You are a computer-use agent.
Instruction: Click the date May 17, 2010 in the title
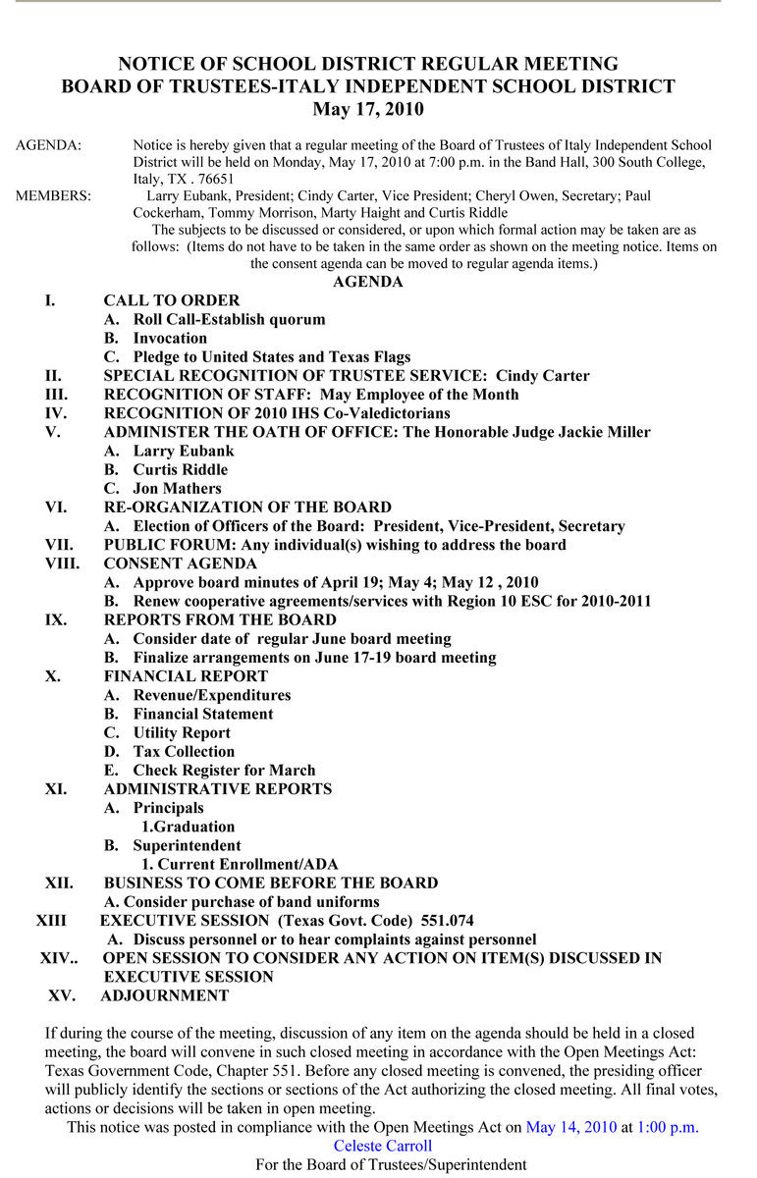click(368, 109)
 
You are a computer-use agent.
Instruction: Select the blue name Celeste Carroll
click(383, 1146)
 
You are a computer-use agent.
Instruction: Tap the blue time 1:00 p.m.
click(668, 1127)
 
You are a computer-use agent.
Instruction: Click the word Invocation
click(170, 338)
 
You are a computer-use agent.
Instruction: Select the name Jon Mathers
click(178, 489)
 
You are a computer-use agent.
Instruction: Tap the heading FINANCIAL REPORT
click(186, 676)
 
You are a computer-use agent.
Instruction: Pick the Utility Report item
click(182, 733)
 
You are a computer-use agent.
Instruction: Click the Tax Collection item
click(184, 752)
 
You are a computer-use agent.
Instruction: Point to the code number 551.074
click(447, 921)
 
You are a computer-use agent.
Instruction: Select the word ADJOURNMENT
click(164, 996)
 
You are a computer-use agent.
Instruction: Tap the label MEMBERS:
click(53, 195)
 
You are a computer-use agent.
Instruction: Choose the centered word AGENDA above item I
click(368, 282)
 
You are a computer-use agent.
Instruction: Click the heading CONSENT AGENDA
click(181, 564)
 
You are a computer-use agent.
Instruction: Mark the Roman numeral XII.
click(59, 883)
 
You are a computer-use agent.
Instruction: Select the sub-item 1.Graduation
click(188, 827)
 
